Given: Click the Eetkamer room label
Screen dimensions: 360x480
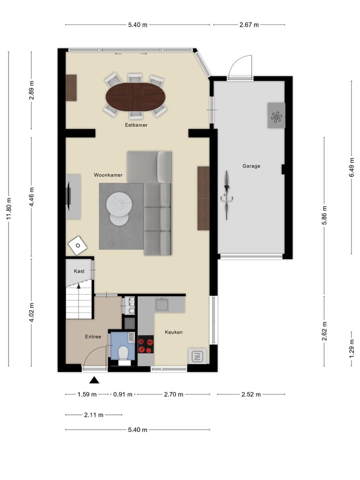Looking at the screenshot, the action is [x=136, y=125].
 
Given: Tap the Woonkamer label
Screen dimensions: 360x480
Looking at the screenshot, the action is [x=108, y=175].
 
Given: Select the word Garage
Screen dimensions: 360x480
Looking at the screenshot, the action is [x=251, y=166].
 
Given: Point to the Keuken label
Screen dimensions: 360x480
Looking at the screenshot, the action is [x=173, y=332].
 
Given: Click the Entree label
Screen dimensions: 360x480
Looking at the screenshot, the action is [x=93, y=336].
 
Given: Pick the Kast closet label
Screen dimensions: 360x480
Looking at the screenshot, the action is [x=79, y=271].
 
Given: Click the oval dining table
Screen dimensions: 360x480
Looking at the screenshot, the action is [x=135, y=97].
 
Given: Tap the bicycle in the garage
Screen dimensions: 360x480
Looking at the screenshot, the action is [x=226, y=195].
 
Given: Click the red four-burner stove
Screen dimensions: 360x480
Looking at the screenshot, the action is [x=145, y=344].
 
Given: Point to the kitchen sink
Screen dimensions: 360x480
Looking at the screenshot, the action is [x=162, y=305].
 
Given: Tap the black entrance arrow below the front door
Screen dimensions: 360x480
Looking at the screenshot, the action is [x=94, y=380].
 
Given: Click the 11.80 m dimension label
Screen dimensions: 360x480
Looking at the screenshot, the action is [x=8, y=208].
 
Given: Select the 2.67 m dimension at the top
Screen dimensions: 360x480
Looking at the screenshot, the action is [x=249, y=25].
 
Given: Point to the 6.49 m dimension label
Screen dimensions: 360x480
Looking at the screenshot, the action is [x=351, y=167].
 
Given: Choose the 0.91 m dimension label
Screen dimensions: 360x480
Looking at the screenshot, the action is [x=123, y=394].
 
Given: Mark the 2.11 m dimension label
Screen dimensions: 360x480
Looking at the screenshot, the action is [x=93, y=415].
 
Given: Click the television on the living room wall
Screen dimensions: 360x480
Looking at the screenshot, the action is [x=69, y=196].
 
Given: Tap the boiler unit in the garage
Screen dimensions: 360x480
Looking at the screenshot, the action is [x=276, y=115].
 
